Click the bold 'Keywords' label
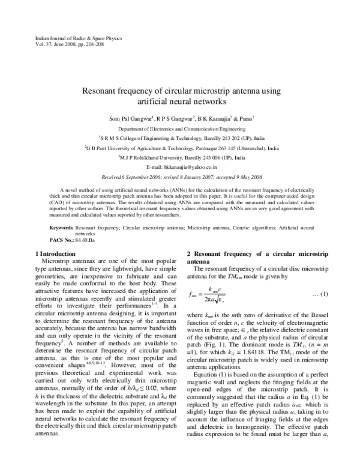(x=61, y=229)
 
